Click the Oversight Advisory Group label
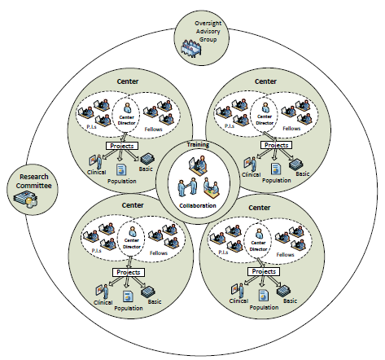click(208, 31)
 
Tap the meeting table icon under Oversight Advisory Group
click(191, 48)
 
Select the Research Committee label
click(33, 181)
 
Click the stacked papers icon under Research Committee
click(26, 200)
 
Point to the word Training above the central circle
click(198, 145)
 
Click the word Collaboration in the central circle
click(198, 205)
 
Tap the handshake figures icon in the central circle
click(187, 187)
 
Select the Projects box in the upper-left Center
click(122, 146)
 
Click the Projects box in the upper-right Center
click(276, 145)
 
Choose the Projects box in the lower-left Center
click(129, 272)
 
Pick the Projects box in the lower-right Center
click(264, 271)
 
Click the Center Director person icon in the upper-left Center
click(127, 108)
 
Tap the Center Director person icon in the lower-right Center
click(259, 234)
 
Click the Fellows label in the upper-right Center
click(291, 128)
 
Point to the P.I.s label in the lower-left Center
click(97, 250)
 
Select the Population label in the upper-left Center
click(122, 181)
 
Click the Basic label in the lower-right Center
click(290, 301)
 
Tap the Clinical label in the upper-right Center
click(251, 174)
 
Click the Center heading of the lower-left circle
click(133, 205)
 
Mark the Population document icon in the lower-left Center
click(128, 296)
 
